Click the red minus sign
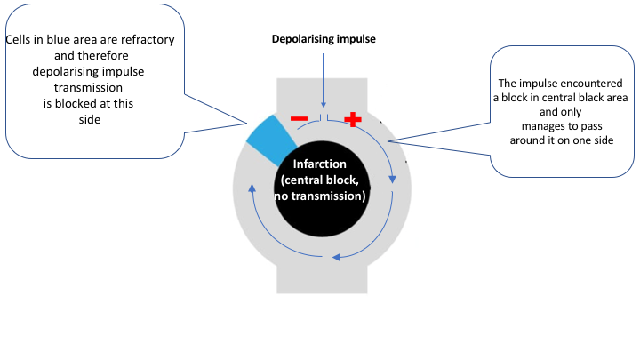click(299, 118)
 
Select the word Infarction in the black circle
click(322, 165)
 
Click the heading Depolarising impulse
click(324, 40)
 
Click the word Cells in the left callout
click(21, 41)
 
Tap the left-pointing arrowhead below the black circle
click(334, 259)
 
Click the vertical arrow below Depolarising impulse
click(323, 84)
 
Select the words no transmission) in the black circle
click(322, 196)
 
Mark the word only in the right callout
click(552, 111)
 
